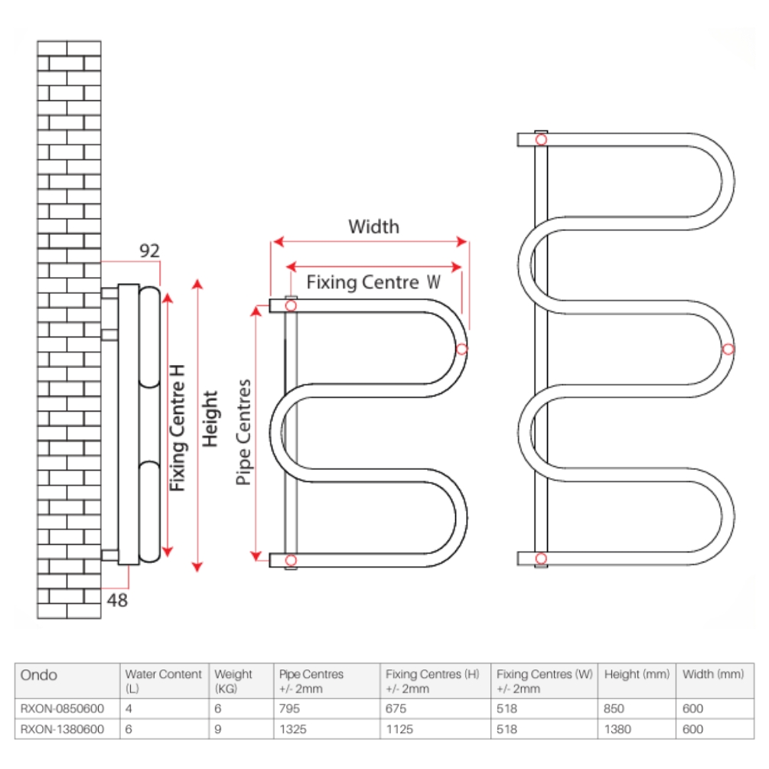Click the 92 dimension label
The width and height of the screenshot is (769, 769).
point(149,250)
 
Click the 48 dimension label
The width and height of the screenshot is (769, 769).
point(117,601)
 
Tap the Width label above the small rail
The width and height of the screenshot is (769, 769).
point(373,226)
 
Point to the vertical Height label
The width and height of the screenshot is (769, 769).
point(210,419)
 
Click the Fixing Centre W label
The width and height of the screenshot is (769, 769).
point(373,282)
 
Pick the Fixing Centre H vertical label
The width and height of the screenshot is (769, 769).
point(178,426)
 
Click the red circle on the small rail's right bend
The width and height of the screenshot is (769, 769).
point(461,349)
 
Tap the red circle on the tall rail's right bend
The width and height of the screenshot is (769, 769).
point(728,349)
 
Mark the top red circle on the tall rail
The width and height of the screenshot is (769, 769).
point(542,139)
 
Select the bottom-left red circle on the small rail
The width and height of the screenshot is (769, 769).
point(291,561)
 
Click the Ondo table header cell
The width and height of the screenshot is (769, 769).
point(38,675)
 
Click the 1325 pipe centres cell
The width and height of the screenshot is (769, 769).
point(293,729)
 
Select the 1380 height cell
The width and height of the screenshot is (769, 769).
point(617,729)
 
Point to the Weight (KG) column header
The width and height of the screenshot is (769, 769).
point(233,680)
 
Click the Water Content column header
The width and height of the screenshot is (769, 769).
point(163,680)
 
